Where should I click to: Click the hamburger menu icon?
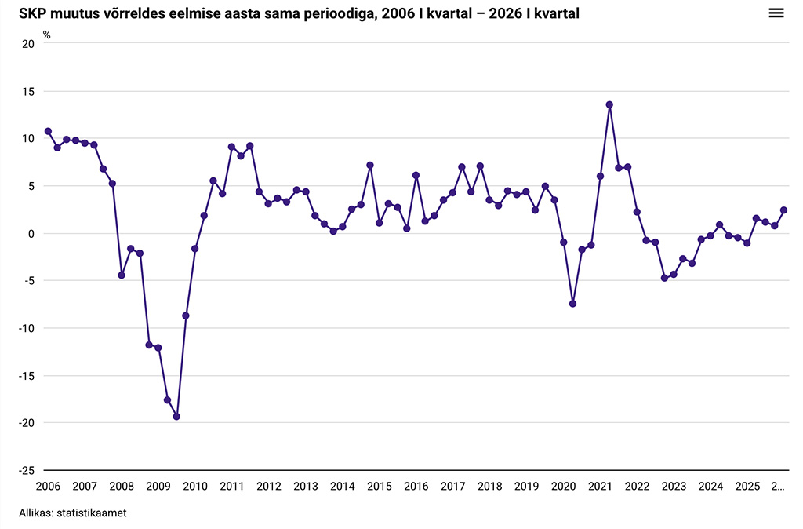[776, 13]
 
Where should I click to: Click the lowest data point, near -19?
[176, 417]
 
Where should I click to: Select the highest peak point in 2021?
[609, 104]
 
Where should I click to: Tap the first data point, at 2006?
[48, 131]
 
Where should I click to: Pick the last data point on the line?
[783, 210]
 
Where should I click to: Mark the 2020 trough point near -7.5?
[572, 304]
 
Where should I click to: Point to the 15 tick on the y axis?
[28, 92]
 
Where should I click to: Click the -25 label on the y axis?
[26, 471]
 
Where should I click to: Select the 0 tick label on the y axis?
[31, 234]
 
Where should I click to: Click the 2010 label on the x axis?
[195, 487]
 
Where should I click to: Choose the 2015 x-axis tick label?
[380, 487]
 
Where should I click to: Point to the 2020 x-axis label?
[563, 487]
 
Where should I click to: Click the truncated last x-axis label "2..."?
[778, 487]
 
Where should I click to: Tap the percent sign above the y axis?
[46, 35]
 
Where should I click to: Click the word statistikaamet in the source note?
[92, 513]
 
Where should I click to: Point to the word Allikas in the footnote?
[36, 513]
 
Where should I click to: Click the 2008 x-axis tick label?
[122, 487]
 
